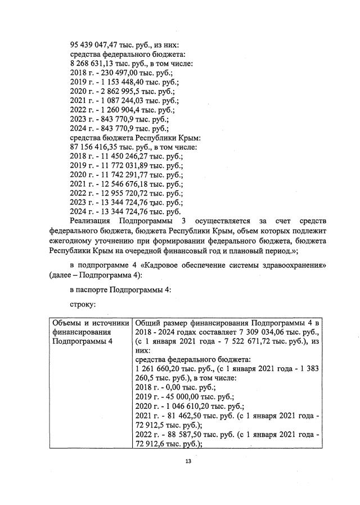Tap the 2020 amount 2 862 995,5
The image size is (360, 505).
coord(118,92)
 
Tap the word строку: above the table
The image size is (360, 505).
coord(82,303)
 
